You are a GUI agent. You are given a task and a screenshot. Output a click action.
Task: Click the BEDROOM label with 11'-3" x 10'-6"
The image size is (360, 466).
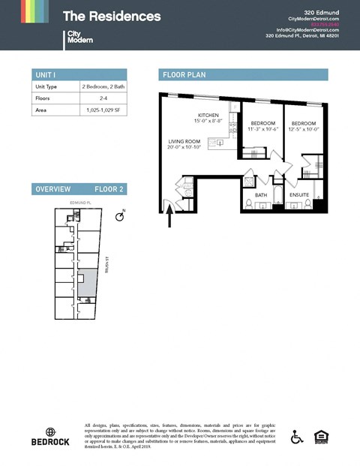click(262, 123)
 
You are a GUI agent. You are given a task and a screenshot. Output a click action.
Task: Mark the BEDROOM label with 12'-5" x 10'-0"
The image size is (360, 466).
click(304, 123)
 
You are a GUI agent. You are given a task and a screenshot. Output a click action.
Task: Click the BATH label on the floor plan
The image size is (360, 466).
click(261, 195)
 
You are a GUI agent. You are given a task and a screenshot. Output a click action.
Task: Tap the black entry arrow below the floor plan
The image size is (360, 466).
click(169, 218)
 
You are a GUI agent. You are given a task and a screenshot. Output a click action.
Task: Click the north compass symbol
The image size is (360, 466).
click(118, 217)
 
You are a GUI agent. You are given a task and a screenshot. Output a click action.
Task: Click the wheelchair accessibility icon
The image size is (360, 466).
click(298, 436)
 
